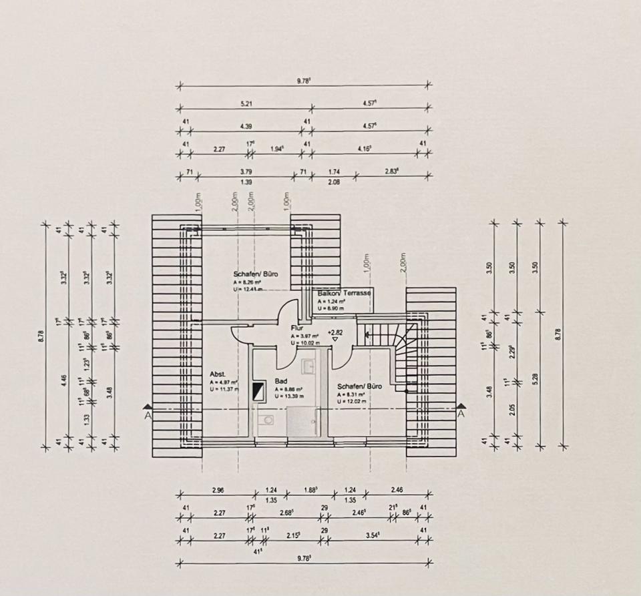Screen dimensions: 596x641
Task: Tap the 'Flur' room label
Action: (297, 328)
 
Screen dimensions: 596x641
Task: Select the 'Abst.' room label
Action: (216, 374)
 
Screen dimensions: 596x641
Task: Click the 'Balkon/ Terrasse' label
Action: (343, 294)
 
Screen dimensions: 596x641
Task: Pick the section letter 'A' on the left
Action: (148, 414)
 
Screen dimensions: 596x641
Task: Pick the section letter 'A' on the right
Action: (460, 414)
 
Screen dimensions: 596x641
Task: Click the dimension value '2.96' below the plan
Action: (218, 490)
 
